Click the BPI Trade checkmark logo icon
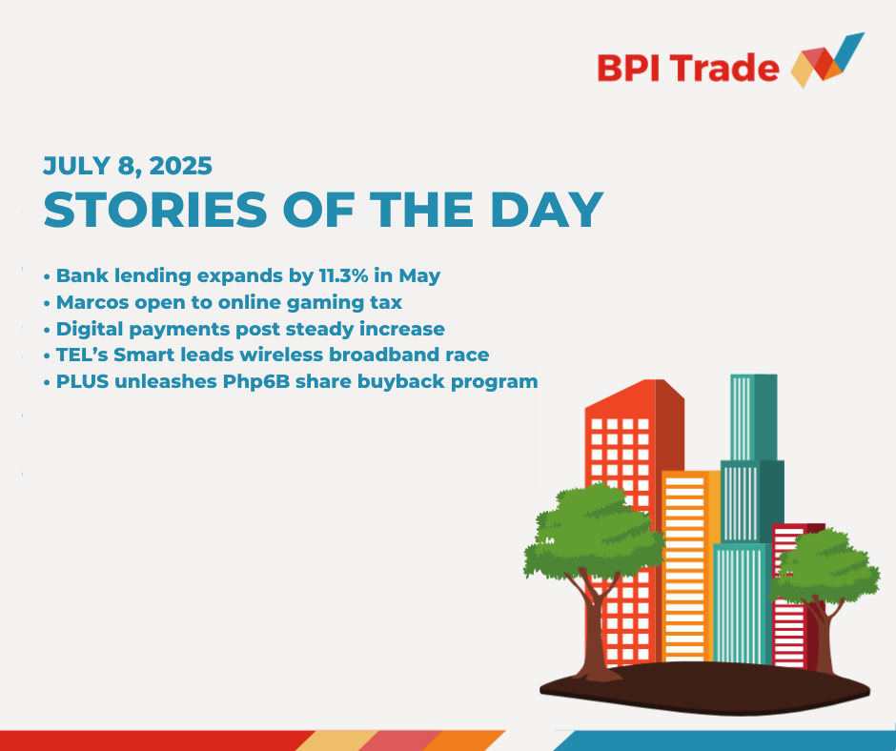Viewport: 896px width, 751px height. pos(827,61)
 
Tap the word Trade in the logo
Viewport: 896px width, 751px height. pos(725,68)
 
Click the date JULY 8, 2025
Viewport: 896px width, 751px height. pos(128,166)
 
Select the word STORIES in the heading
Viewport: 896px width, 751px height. pos(155,210)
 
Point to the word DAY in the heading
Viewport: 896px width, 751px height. pos(547,210)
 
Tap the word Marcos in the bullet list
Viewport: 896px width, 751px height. pos(92,302)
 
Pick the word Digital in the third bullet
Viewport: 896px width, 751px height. pos(90,329)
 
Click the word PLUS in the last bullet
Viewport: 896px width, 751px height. pos(82,381)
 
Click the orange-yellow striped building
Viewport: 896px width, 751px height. pos(691,566)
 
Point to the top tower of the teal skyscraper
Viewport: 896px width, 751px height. pos(754,417)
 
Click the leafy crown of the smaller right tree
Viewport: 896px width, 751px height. pos(824,567)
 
